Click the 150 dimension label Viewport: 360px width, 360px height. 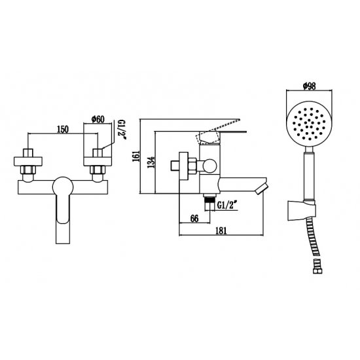pyautogui.click(x=63, y=130)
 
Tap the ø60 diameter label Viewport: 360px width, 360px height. pyautogui.click(x=98, y=119)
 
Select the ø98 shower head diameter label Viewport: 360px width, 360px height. pyautogui.click(x=309, y=86)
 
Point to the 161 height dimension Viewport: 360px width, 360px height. pyautogui.click(x=136, y=156)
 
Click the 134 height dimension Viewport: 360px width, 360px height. pyautogui.click(x=151, y=162)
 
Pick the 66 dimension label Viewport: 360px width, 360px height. pyautogui.click(x=194, y=219)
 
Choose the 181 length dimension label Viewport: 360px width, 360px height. pyautogui.click(x=221, y=231)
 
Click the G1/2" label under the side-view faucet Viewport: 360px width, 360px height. pyautogui.click(x=226, y=206)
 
